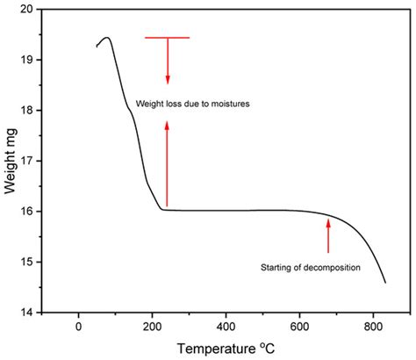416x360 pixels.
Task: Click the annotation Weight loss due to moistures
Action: point(193,104)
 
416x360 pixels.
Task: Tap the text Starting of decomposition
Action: point(311,267)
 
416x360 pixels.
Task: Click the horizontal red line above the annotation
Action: point(167,38)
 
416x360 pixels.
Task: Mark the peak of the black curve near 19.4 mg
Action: point(107,38)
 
